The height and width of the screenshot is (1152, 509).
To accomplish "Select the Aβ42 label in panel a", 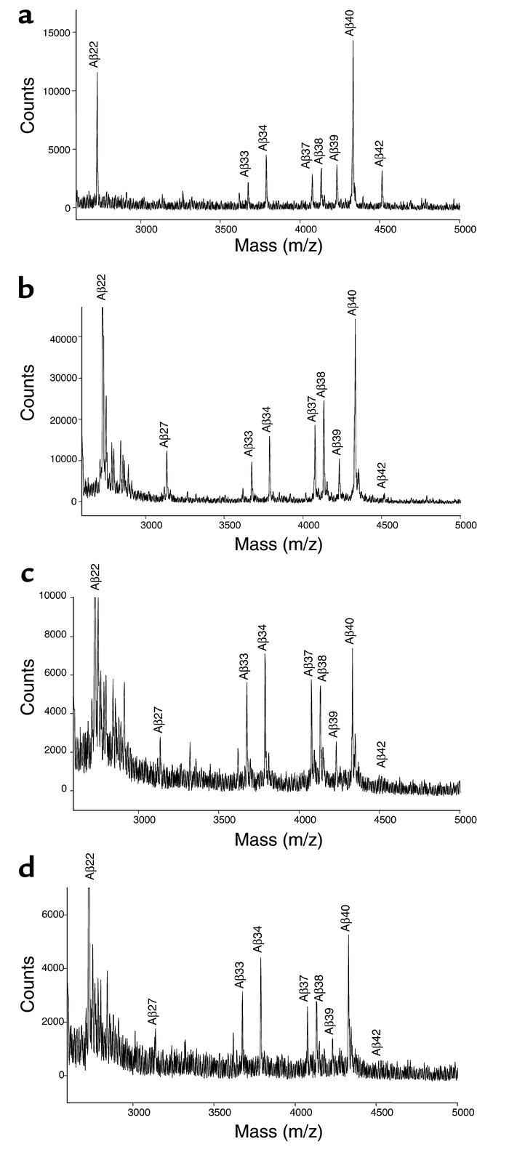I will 380,154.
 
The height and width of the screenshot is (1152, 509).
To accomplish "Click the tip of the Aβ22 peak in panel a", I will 97,72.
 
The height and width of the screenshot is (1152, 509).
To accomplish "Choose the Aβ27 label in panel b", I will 164,432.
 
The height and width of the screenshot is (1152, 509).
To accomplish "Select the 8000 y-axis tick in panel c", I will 52,636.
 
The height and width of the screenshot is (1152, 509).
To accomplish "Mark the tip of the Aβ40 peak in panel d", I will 348,935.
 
